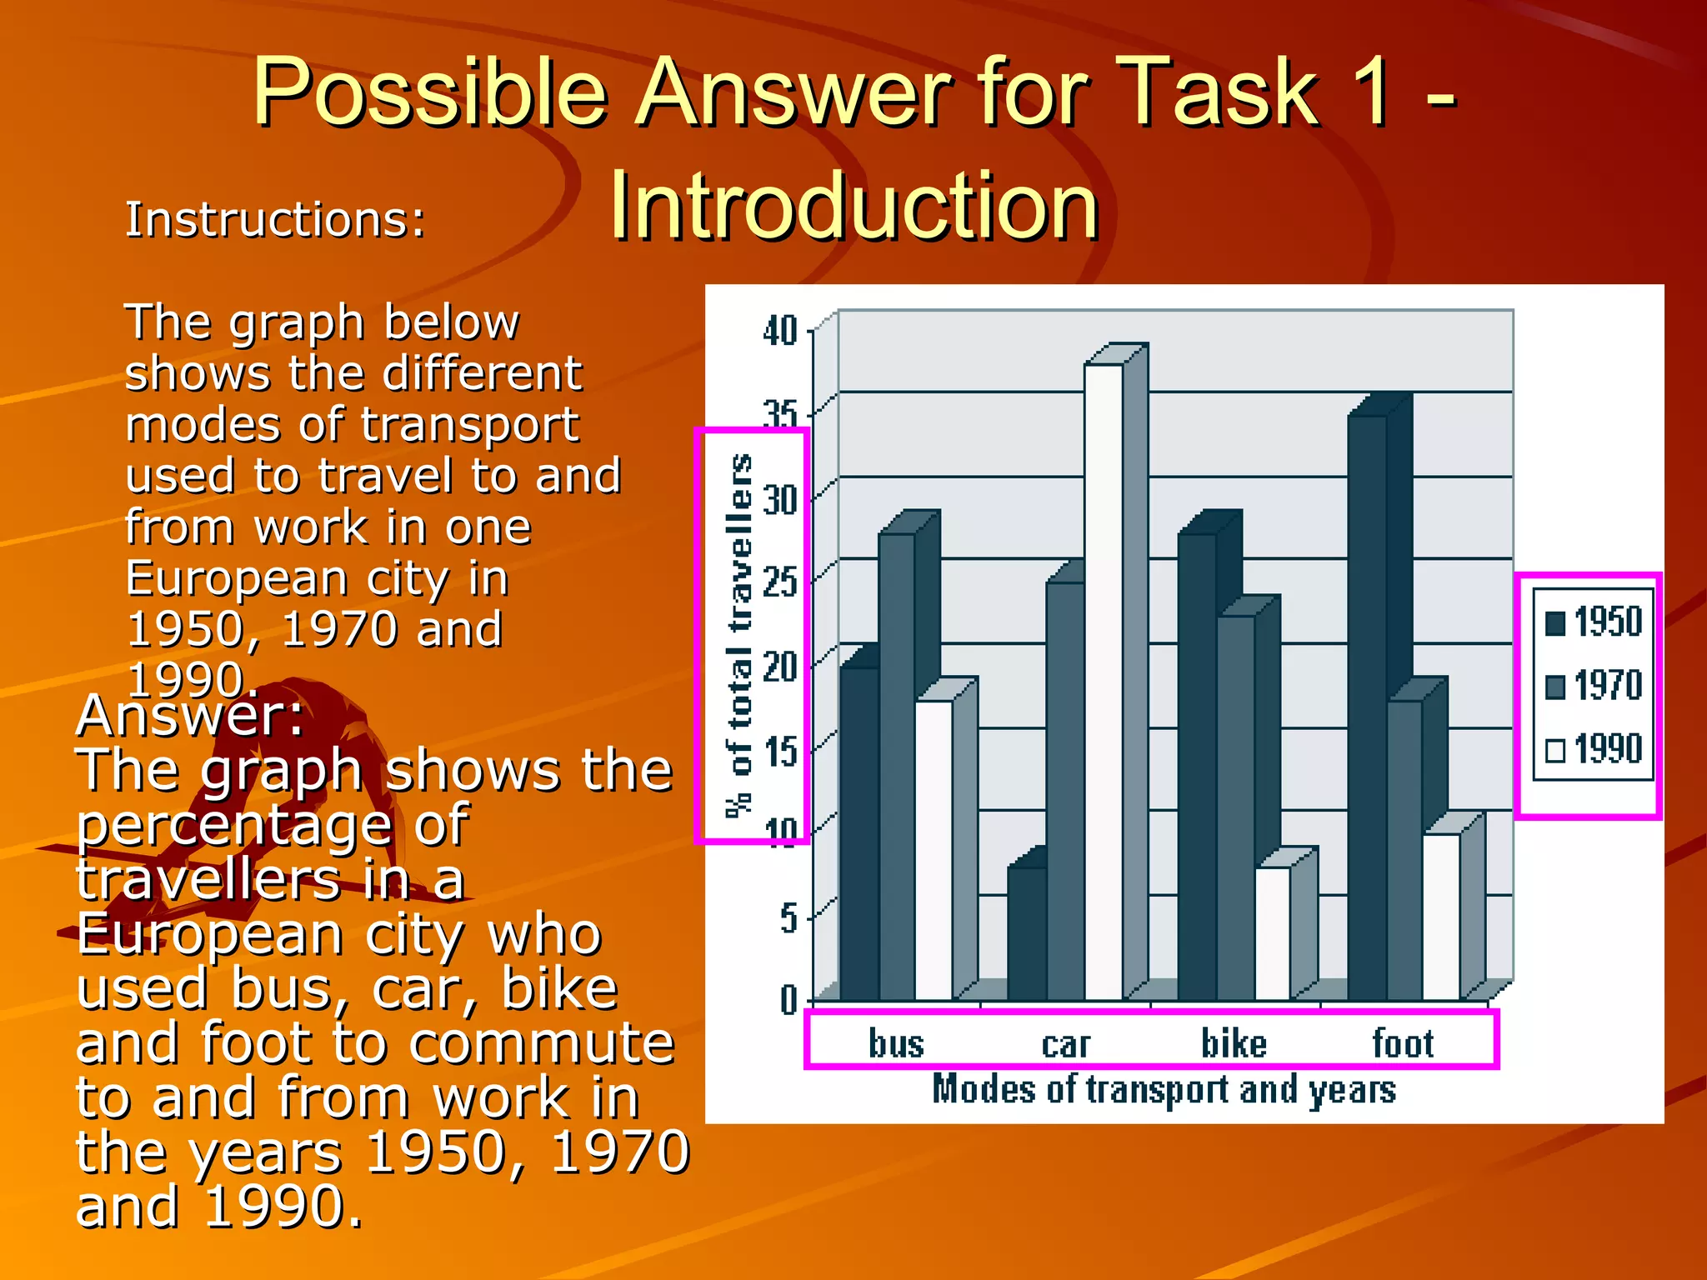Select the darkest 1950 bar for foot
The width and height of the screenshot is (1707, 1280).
pyautogui.click(x=1367, y=708)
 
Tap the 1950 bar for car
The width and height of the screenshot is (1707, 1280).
pyautogui.click(x=1026, y=933)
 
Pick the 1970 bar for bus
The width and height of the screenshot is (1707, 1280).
pyautogui.click(x=896, y=767)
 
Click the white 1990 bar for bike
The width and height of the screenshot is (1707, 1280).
pyautogui.click(x=1272, y=933)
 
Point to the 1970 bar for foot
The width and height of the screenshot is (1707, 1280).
pyautogui.click(x=1404, y=850)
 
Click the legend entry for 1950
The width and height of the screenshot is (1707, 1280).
pyautogui.click(x=1593, y=622)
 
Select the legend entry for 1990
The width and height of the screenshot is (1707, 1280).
pyautogui.click(x=1593, y=749)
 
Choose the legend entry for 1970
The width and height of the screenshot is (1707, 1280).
pyautogui.click(x=1593, y=686)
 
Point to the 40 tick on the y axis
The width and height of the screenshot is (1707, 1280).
pyautogui.click(x=780, y=332)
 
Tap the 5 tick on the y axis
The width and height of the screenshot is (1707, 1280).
pyautogui.click(x=788, y=918)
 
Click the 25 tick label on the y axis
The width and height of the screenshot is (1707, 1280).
pyautogui.click(x=780, y=582)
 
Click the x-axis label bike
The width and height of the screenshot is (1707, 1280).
pyautogui.click(x=1234, y=1044)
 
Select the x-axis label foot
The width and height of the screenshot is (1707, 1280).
pyautogui.click(x=1403, y=1044)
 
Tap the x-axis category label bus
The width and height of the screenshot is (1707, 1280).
pyautogui.click(x=896, y=1044)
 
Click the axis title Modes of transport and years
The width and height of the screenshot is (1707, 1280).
pyautogui.click(x=1164, y=1090)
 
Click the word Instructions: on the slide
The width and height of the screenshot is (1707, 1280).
pyautogui.click(x=275, y=221)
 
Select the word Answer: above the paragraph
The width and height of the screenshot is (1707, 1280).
pyautogui.click(x=190, y=717)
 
